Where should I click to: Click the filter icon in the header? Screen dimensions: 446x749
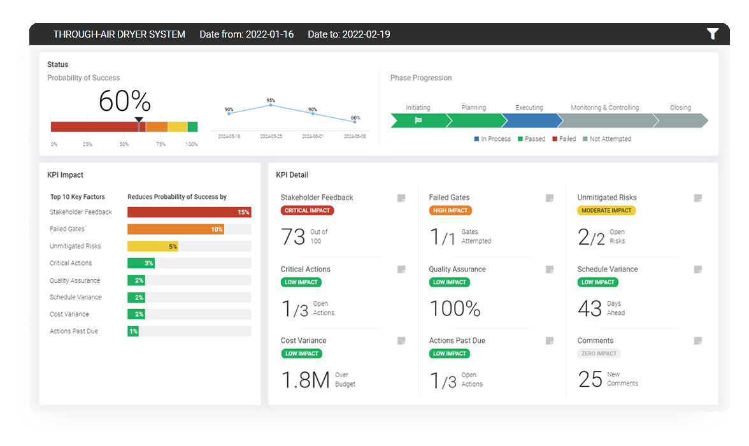713,34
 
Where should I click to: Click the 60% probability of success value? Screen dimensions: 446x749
125,101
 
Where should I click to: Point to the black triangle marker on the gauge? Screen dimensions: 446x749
139,119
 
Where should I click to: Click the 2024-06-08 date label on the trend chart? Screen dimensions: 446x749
355,136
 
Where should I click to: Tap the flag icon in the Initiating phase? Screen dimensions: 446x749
418,120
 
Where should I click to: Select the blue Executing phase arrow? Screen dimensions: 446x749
529,120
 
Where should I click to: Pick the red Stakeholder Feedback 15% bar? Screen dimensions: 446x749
189,212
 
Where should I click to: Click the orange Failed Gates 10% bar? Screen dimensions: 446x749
175,229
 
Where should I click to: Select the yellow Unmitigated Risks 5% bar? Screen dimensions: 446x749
153,247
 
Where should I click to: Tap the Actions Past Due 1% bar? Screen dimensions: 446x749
133,331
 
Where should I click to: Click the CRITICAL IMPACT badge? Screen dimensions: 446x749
307,210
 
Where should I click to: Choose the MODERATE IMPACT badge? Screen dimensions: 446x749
606,210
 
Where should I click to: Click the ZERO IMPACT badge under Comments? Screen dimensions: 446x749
598,354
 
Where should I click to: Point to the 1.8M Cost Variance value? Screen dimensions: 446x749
305,380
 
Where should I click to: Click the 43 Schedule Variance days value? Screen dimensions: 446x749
589,309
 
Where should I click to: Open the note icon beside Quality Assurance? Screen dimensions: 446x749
549,270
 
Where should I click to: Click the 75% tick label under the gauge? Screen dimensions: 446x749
161,145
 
